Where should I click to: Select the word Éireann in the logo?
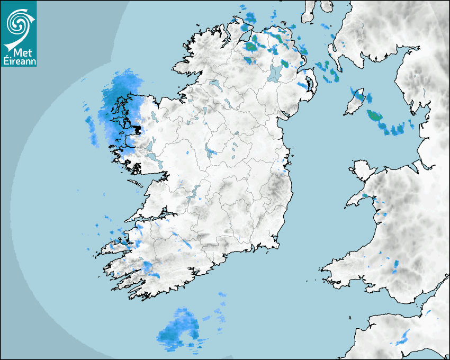(x=19, y=61)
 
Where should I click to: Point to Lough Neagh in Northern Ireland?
(x=274, y=74)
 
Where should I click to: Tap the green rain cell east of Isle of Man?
(x=375, y=115)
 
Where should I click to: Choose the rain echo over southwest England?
(x=404, y=336)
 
